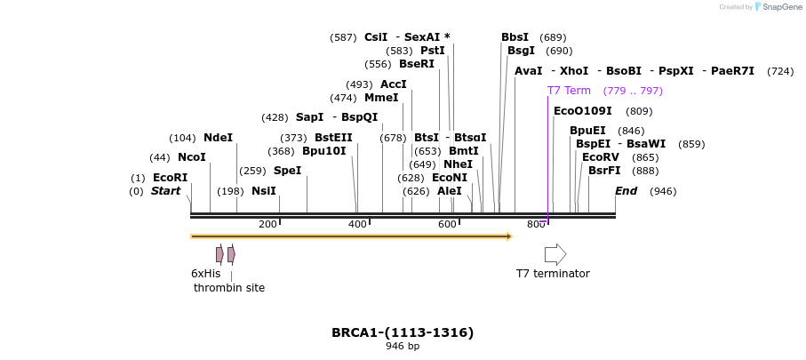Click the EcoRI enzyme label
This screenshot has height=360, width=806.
pos(170,178)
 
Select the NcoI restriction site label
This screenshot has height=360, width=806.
pos(191,157)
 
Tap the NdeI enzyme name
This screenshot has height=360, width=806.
pos(218,138)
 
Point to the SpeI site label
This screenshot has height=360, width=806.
pos(287,171)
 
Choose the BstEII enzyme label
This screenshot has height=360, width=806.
pos(333,138)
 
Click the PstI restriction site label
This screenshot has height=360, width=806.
pos(433,51)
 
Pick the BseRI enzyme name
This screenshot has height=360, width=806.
pos(417,64)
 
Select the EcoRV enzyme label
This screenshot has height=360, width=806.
pos(600,157)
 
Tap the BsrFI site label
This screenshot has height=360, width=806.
pos(604,171)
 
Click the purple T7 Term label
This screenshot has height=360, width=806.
pos(569,91)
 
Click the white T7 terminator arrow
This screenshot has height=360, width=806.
pos(555,254)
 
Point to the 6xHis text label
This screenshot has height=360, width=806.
pos(205,274)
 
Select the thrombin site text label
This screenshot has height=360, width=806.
pos(229,288)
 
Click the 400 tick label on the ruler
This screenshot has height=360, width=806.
pos(357,224)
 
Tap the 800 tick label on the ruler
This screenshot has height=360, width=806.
pos(536,224)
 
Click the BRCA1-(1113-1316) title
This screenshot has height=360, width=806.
pos(403,332)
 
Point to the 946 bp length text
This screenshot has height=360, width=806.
pos(403,347)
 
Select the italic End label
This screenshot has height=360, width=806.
pos(626,191)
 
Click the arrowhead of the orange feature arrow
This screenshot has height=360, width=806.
pos(509,236)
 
